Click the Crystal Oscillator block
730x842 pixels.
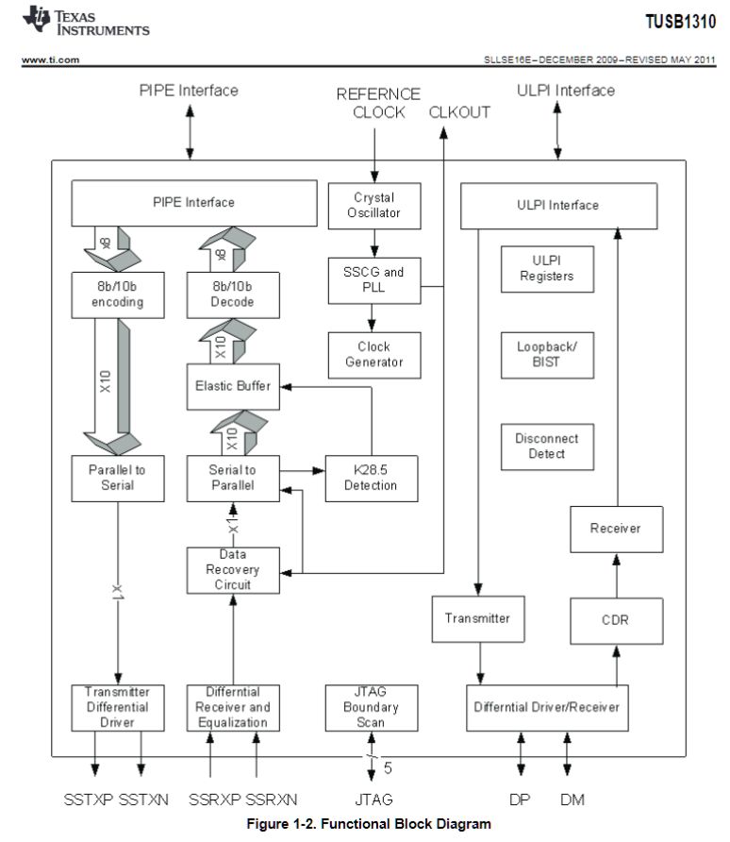374,206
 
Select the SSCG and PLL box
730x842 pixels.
374,280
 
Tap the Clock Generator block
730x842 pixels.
374,355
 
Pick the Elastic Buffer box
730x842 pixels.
233,385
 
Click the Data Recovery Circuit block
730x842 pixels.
233,570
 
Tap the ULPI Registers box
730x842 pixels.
547,270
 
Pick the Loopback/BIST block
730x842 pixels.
547,355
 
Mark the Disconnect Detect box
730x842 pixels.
547,446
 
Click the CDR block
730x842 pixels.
615,620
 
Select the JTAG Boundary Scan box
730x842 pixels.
371,707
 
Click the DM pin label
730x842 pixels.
572,800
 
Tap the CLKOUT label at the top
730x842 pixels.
459,112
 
